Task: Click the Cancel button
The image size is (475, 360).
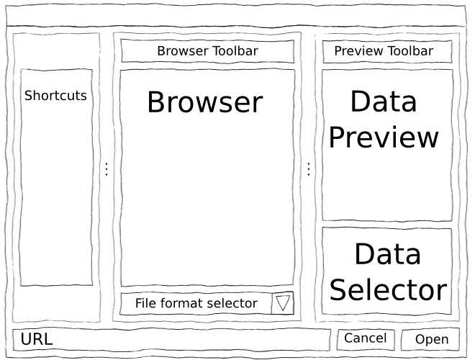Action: coord(365,338)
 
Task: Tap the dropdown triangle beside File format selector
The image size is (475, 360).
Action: coord(283,303)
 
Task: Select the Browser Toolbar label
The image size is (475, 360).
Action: coord(207,51)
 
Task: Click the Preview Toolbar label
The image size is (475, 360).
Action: coord(384,51)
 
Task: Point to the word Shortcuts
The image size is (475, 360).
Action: coord(55,95)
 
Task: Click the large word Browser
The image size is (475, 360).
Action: coord(204,103)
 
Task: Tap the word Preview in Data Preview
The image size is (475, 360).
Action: coord(384,138)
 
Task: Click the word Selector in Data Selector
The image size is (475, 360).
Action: coord(388,289)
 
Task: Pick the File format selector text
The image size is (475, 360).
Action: coord(196,303)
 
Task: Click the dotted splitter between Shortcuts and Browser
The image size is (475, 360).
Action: coord(106,169)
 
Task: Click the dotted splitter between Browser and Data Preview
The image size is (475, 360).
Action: coord(308,169)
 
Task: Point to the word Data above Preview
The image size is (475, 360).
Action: coord(384,102)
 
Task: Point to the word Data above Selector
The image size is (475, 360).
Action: coord(388,254)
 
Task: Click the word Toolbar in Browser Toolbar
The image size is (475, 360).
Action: coord(235,51)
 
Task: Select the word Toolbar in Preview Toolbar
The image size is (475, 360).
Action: coord(410,51)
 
